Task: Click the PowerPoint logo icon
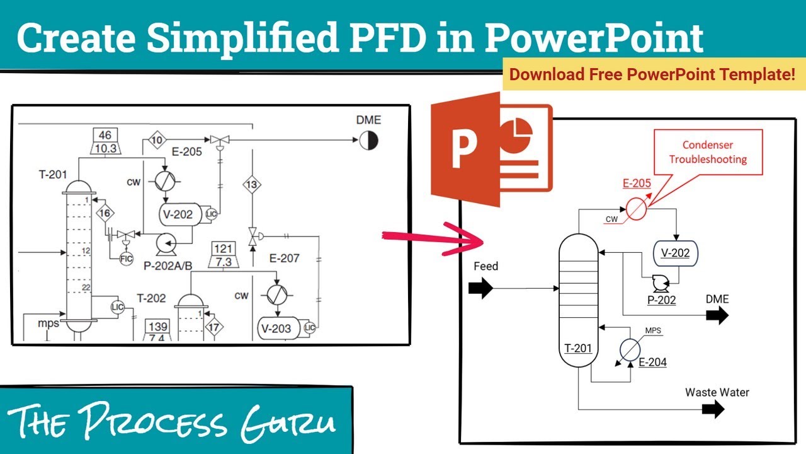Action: coord(491,149)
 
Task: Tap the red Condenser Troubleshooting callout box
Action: coord(708,152)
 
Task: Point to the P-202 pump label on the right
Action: coord(661,300)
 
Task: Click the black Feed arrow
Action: coord(481,289)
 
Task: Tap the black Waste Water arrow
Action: coord(713,409)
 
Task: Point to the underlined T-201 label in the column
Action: coord(578,347)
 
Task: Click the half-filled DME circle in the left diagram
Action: coord(369,141)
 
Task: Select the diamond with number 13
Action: coord(252,185)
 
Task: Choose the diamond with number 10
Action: coord(156,139)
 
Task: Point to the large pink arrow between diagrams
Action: coord(428,238)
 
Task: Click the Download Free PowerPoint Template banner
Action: coord(652,74)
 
